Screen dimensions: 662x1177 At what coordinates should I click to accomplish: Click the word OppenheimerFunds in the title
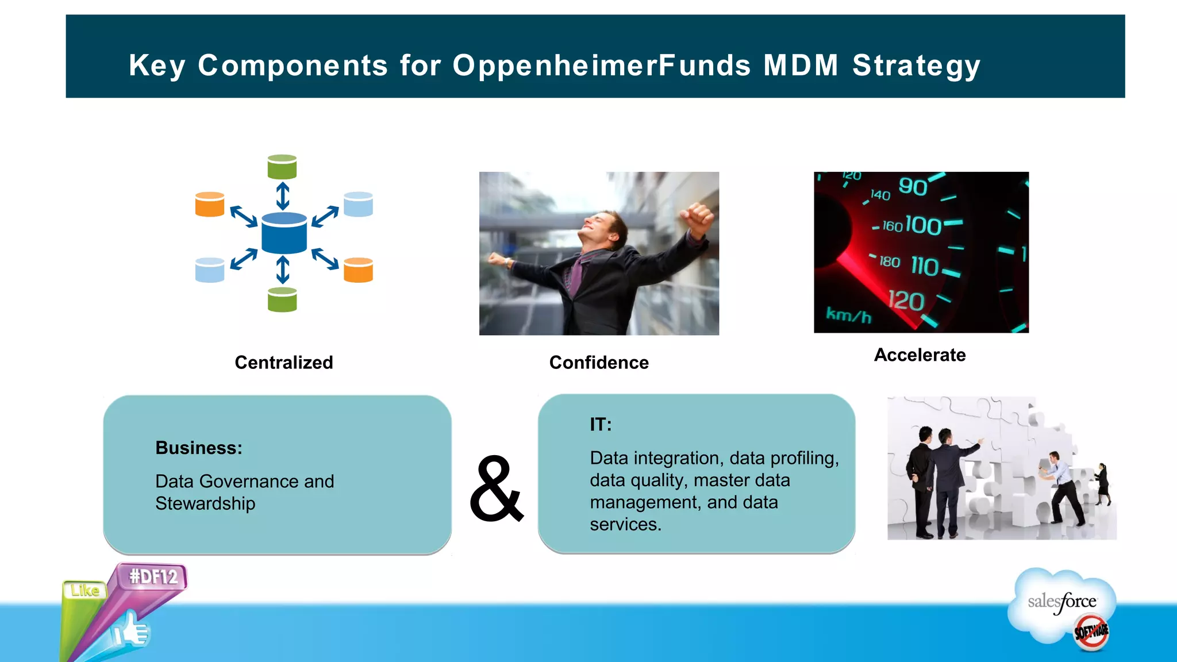pyautogui.click(x=601, y=66)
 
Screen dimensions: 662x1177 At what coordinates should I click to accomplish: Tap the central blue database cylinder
pyautogui.click(x=284, y=233)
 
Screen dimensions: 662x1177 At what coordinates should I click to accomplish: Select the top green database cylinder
pyautogui.click(x=282, y=167)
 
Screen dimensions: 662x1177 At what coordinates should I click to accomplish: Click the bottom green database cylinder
pyautogui.click(x=282, y=299)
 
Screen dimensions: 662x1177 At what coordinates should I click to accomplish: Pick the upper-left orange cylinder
pyautogui.click(x=210, y=205)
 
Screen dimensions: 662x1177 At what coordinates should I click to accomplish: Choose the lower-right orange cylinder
pyautogui.click(x=358, y=270)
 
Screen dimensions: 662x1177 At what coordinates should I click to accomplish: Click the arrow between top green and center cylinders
pyautogui.click(x=282, y=196)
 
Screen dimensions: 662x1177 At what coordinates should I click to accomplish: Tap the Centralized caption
pyautogui.click(x=284, y=363)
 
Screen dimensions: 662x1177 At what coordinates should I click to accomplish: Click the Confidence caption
pyautogui.click(x=599, y=363)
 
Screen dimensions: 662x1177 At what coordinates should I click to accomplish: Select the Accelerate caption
pyautogui.click(x=920, y=355)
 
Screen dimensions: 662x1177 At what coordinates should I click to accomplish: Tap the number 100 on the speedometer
pyautogui.click(x=923, y=225)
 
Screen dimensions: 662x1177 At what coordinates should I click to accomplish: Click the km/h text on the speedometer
pyautogui.click(x=848, y=315)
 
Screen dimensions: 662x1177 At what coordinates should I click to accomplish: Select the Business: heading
pyautogui.click(x=199, y=448)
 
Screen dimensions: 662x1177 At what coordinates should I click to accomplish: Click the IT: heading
pyautogui.click(x=601, y=425)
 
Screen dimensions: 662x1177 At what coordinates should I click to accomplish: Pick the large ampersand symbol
pyautogui.click(x=497, y=490)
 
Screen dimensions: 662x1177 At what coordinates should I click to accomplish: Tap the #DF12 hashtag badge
pyautogui.click(x=153, y=576)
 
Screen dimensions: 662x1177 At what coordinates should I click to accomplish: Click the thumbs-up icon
pyautogui.click(x=132, y=630)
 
